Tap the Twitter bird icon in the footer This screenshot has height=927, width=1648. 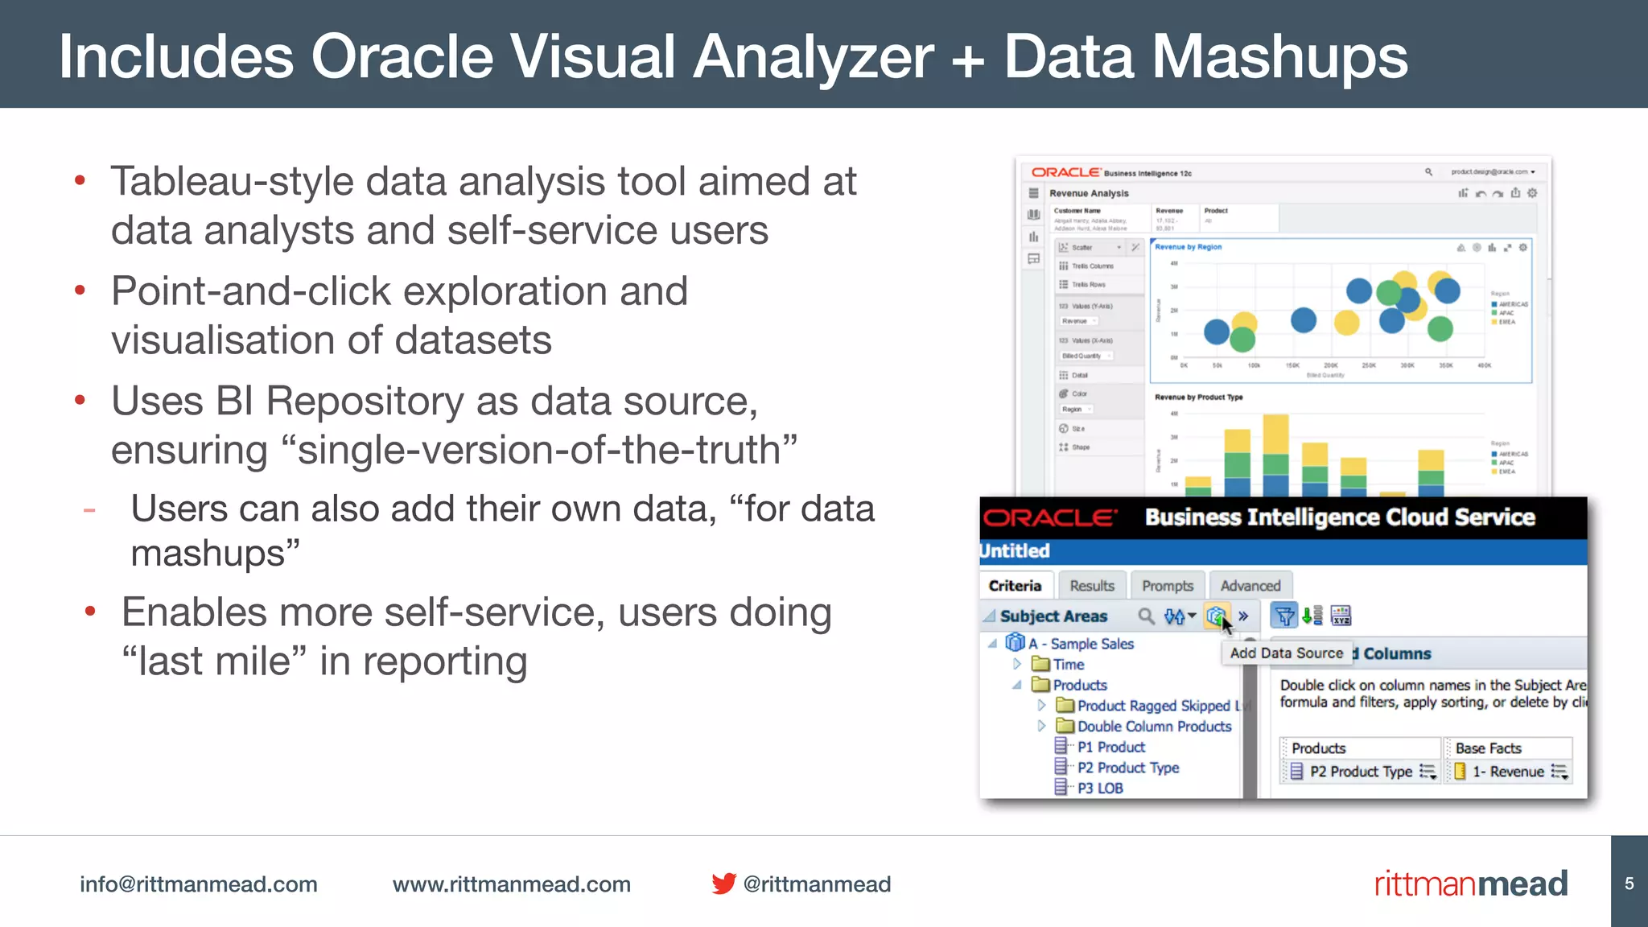pos(723,884)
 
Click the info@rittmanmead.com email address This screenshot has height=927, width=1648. pos(198,884)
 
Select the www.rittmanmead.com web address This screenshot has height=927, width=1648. pos(511,884)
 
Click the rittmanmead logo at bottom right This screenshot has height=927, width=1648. pos(1470,884)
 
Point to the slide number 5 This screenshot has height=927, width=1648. pos(1629,884)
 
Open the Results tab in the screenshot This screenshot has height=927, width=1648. pos(1091,586)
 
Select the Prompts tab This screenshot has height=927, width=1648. pos(1167,586)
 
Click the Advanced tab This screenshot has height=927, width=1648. pos(1250,586)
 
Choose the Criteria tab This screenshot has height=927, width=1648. pos(1015,586)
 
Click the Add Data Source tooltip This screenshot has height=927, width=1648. pos(1286,653)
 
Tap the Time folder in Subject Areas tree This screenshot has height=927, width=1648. pos(1068,665)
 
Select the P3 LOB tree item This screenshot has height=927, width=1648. pos(1099,789)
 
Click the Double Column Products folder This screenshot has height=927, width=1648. pos(1154,727)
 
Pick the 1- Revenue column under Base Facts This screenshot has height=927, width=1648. pos(1508,772)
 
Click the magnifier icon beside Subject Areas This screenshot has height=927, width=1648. pos(1146,616)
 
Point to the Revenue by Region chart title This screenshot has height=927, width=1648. pos(1188,247)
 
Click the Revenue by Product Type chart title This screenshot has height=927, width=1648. pos(1198,398)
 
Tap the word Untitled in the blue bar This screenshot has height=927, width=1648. pos(1015,551)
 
